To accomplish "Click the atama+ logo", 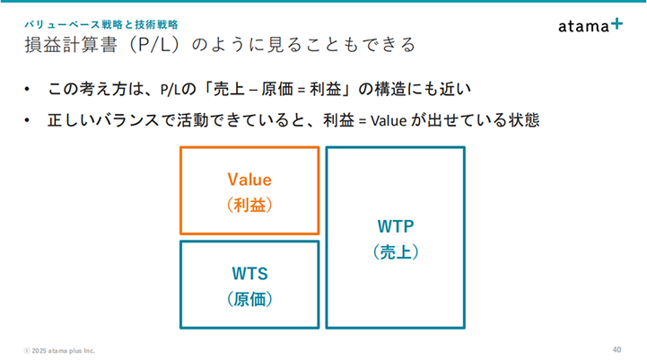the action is coord(590,25).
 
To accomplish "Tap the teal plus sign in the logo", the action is coord(616,23).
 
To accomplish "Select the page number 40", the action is coord(616,350).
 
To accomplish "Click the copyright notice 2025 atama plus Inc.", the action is coord(59,350).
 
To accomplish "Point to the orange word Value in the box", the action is coord(249,180).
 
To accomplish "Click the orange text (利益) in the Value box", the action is coord(249,205).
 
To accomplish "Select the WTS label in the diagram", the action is coord(249,273).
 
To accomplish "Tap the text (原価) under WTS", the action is coord(249,299).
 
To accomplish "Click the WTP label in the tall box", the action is coord(396,226).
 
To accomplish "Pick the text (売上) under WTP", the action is coord(396,252).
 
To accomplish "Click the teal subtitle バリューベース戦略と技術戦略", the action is coord(101,25).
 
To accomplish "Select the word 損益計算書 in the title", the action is coord(71,45).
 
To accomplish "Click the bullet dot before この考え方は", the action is coord(27,89).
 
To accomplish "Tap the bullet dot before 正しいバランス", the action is coord(27,120).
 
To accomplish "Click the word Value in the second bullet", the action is coord(389,121).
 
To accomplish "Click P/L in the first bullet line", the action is coord(170,90).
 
